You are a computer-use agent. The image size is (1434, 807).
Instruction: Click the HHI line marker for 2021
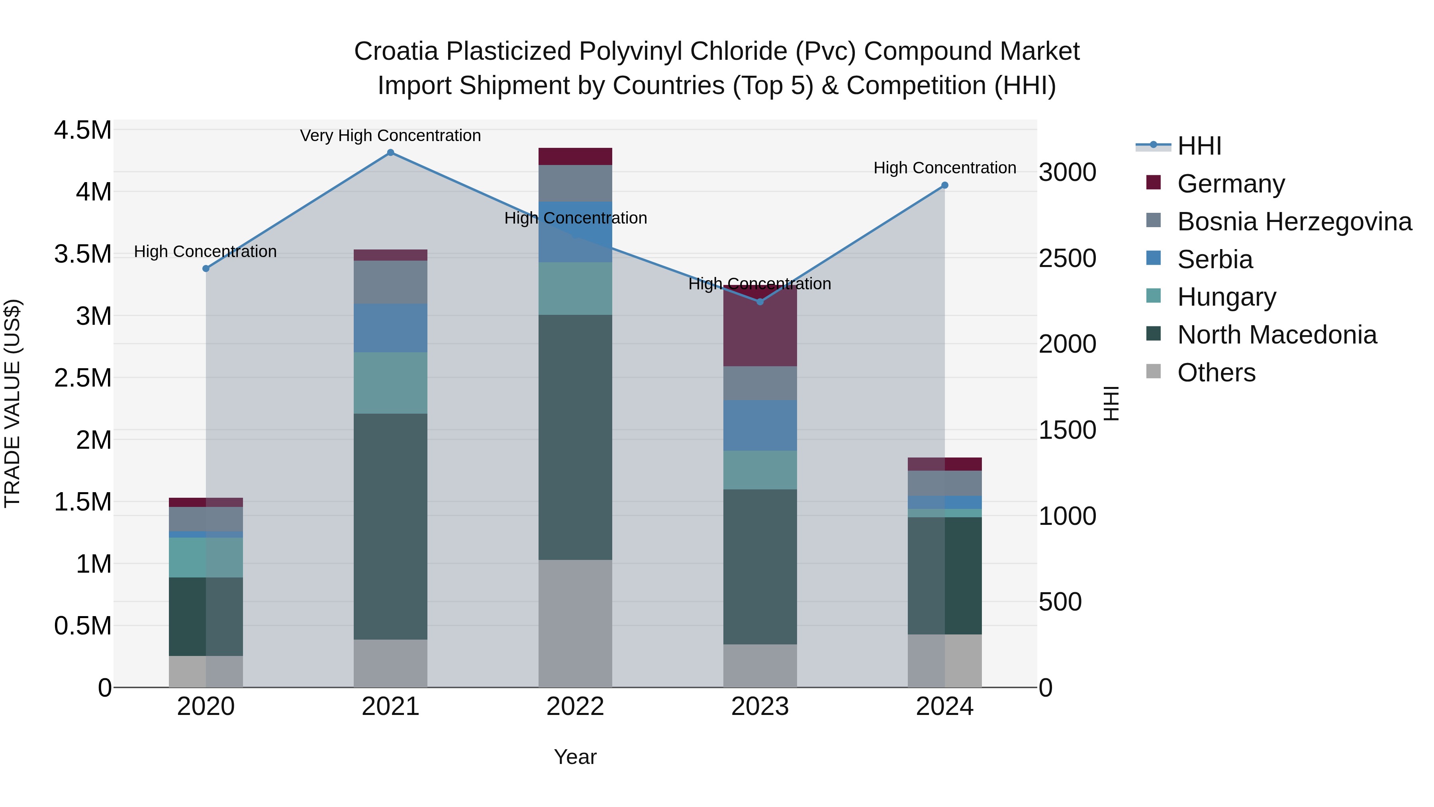click(390, 153)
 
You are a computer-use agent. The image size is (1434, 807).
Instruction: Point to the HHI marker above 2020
click(206, 269)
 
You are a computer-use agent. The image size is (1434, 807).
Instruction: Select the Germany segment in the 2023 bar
click(760, 329)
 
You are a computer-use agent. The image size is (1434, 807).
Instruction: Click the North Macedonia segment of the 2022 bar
click(575, 437)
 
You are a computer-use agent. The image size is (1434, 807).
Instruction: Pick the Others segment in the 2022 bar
click(575, 623)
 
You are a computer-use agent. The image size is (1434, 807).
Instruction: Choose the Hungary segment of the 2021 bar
click(390, 383)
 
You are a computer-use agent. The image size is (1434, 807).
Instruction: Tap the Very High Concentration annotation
click(390, 135)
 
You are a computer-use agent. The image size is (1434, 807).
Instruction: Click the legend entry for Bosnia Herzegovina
click(1294, 222)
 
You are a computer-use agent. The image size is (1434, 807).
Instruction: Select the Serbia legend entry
click(1215, 259)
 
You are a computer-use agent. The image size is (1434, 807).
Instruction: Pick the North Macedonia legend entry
click(1277, 335)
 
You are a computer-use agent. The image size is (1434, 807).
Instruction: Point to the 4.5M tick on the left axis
click(83, 130)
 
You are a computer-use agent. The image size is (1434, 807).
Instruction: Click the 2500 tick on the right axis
click(1067, 258)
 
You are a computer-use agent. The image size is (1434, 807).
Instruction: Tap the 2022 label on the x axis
click(575, 707)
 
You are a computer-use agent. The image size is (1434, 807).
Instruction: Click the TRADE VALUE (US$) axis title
click(13, 403)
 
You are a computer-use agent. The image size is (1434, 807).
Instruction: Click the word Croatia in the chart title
click(396, 51)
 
